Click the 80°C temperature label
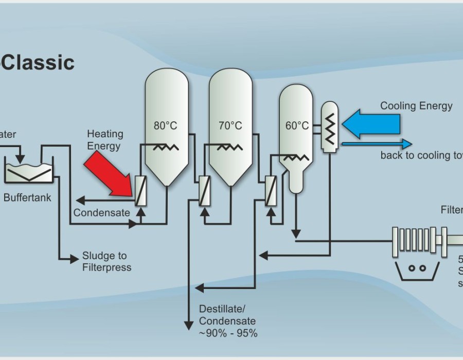click(x=165, y=125)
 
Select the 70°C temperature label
click(x=230, y=125)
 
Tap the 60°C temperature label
click(x=297, y=125)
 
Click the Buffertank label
click(x=27, y=197)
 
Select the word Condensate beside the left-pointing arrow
click(x=101, y=212)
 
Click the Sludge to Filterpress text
click(x=106, y=261)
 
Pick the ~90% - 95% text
click(x=228, y=333)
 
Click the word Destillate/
click(x=222, y=309)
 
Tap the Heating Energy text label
click(x=105, y=140)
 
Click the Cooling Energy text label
click(x=416, y=106)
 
